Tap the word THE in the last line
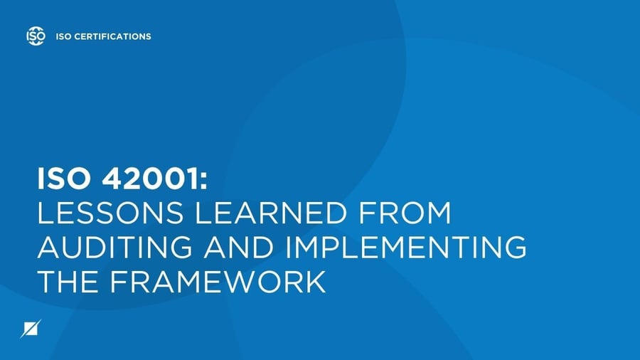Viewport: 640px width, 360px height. tap(66, 282)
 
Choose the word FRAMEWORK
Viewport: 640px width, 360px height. tap(216, 282)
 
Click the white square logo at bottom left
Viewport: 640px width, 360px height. tap(32, 329)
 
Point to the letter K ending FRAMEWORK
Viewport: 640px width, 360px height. tap(315, 282)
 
